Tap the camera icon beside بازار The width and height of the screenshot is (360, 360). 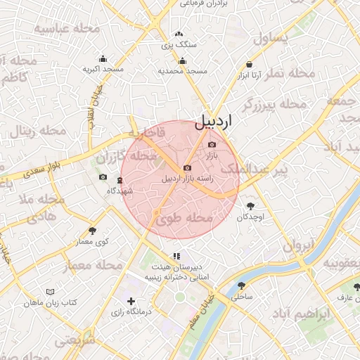(212, 145)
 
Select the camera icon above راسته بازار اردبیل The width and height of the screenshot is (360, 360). (187, 168)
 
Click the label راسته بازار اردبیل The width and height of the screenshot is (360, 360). (187, 179)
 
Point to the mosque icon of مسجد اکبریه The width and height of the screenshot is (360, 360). (103, 59)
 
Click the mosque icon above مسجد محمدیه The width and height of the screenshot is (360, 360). (183, 61)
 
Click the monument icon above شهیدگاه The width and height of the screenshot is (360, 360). (119, 181)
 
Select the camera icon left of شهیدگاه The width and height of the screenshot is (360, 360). (103, 177)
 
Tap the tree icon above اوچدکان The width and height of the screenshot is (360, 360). (250, 206)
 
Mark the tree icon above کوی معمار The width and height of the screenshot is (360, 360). (92, 231)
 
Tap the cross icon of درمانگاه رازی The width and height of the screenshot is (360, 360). (131, 301)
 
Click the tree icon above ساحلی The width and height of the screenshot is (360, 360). (242, 286)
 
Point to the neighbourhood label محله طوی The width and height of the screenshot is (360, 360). (184, 219)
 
